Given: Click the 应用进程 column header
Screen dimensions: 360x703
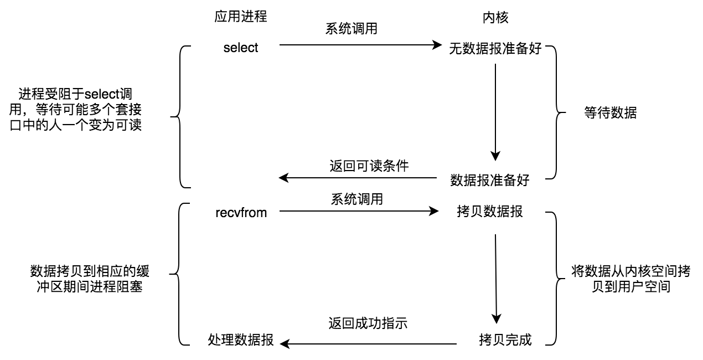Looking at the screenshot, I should (x=241, y=17).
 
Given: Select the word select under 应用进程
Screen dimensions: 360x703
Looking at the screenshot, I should (x=241, y=48).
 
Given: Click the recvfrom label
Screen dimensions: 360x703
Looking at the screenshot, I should (x=241, y=213).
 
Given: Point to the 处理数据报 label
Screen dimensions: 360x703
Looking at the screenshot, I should (x=241, y=340).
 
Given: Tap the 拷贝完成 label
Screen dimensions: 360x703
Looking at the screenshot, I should (x=505, y=340).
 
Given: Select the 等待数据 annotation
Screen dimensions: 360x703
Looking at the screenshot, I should (x=610, y=114).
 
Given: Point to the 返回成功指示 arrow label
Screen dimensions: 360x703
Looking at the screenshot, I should (x=368, y=323).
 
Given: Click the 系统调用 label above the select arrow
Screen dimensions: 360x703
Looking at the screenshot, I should (x=351, y=29).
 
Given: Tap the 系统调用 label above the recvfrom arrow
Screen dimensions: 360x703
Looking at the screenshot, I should (x=357, y=199).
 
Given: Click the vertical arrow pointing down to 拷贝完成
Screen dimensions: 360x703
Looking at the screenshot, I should (x=496, y=277).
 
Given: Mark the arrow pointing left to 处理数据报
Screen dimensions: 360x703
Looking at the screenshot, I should (x=368, y=344).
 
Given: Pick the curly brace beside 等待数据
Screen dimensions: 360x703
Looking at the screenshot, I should (x=555, y=114).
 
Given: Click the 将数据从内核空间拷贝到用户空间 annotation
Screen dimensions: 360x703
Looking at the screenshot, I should (x=630, y=279).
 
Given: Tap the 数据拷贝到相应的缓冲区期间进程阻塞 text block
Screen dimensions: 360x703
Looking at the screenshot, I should (x=90, y=279).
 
